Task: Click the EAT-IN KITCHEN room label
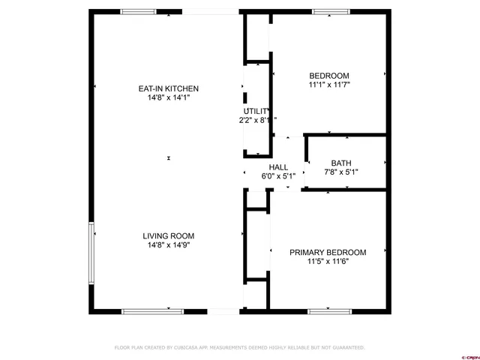(x=168, y=88)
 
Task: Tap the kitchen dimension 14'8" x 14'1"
(x=168, y=97)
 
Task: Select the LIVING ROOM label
(x=168, y=235)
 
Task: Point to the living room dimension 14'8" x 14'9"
(x=168, y=244)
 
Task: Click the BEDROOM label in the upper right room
(x=329, y=76)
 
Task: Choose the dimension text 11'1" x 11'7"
(x=329, y=85)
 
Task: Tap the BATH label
(x=341, y=163)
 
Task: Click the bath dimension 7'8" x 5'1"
(x=341, y=172)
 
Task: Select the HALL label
(x=278, y=167)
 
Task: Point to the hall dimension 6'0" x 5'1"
(x=278, y=176)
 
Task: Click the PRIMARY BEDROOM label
(x=328, y=252)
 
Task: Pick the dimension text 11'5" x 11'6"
(x=328, y=261)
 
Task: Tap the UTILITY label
(x=255, y=111)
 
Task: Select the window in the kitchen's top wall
(x=139, y=11)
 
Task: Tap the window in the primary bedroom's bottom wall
(x=329, y=310)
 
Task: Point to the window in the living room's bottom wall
(x=142, y=310)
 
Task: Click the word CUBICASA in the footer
(x=188, y=348)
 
